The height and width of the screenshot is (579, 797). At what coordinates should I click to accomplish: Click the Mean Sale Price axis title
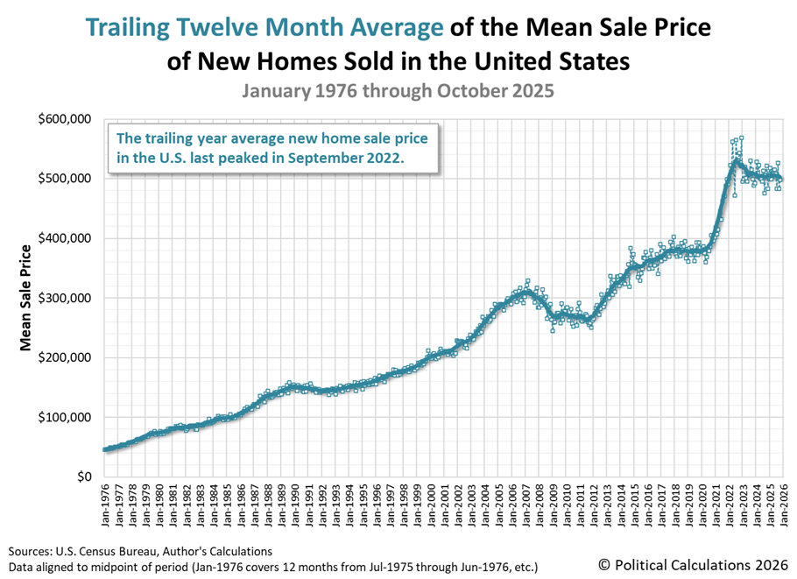26,298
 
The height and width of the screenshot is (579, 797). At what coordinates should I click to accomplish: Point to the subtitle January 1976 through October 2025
398,90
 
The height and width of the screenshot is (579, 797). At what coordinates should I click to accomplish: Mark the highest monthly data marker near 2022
741,138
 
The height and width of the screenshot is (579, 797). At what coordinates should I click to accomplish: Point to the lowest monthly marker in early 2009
553,330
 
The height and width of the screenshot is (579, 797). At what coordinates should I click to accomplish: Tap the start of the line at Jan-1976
105,449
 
